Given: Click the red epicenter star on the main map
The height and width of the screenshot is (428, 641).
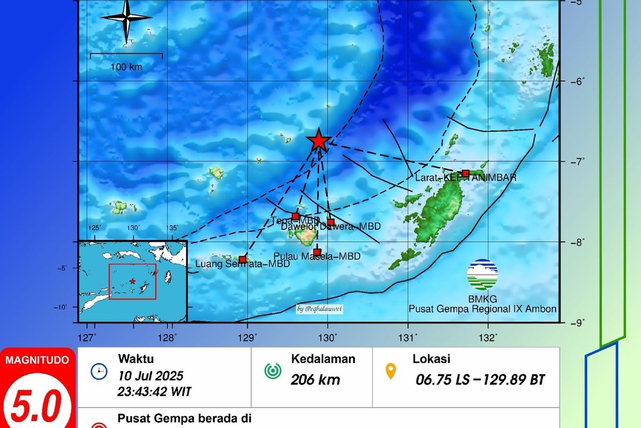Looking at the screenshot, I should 318,140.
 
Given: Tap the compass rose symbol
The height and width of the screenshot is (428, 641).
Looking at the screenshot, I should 127,19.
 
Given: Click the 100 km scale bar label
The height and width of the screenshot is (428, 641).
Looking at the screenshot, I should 127,67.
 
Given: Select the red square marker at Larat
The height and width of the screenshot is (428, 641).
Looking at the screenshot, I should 465,173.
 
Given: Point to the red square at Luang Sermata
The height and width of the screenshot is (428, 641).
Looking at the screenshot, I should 243,259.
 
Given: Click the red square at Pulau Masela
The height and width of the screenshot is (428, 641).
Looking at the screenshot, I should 317,252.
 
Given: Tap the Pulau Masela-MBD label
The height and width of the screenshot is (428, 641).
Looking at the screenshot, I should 316,257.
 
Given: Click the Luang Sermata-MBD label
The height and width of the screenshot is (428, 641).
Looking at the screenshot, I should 243,264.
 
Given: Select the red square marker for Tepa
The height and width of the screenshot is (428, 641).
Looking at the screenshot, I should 295,216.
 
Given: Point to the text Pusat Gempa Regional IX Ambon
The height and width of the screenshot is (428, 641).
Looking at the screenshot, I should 482,309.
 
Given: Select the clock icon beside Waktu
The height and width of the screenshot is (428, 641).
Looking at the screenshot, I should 99,371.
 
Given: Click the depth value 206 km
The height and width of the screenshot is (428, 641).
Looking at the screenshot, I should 315,380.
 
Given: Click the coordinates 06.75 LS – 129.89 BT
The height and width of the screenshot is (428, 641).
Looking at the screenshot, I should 480,380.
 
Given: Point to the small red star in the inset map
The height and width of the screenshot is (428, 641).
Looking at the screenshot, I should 132,281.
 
